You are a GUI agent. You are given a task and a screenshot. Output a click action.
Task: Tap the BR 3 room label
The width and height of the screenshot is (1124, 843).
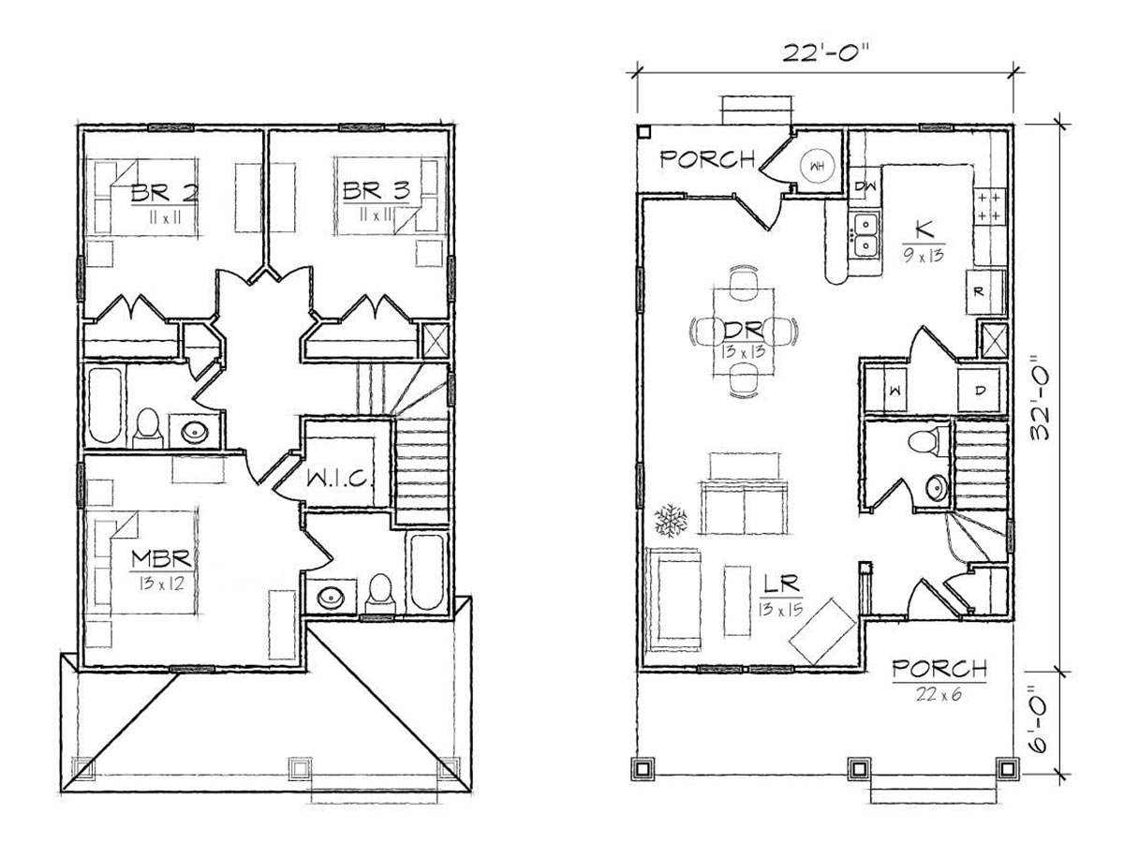pyautogui.click(x=377, y=191)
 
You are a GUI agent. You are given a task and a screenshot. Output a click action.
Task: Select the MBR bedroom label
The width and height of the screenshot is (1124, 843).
pyautogui.click(x=162, y=558)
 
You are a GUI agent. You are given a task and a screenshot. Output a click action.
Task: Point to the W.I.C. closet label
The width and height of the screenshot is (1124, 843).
pyautogui.click(x=338, y=479)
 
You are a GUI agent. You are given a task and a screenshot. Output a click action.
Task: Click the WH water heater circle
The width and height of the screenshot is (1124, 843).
pyautogui.click(x=817, y=165)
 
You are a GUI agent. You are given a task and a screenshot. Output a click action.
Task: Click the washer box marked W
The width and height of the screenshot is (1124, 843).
pyautogui.click(x=896, y=391)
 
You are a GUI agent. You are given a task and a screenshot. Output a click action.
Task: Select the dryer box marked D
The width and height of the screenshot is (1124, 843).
pyautogui.click(x=980, y=391)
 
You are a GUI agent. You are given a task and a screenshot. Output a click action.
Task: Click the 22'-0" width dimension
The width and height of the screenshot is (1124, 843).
pyautogui.click(x=825, y=52)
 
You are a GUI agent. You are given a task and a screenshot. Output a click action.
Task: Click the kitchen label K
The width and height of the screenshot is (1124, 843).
pyautogui.click(x=924, y=229)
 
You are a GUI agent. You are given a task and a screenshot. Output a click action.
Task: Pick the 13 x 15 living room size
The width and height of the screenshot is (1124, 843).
pyautogui.click(x=780, y=610)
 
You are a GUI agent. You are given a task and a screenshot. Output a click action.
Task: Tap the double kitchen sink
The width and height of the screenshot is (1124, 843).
pyautogui.click(x=866, y=234)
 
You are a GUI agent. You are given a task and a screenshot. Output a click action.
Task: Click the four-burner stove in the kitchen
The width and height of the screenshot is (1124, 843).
pyautogui.click(x=989, y=207)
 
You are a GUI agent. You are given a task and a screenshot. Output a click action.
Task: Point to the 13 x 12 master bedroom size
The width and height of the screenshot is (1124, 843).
pyautogui.click(x=161, y=584)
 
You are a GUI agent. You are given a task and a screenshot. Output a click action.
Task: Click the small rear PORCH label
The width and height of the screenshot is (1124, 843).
pyautogui.click(x=707, y=159)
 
